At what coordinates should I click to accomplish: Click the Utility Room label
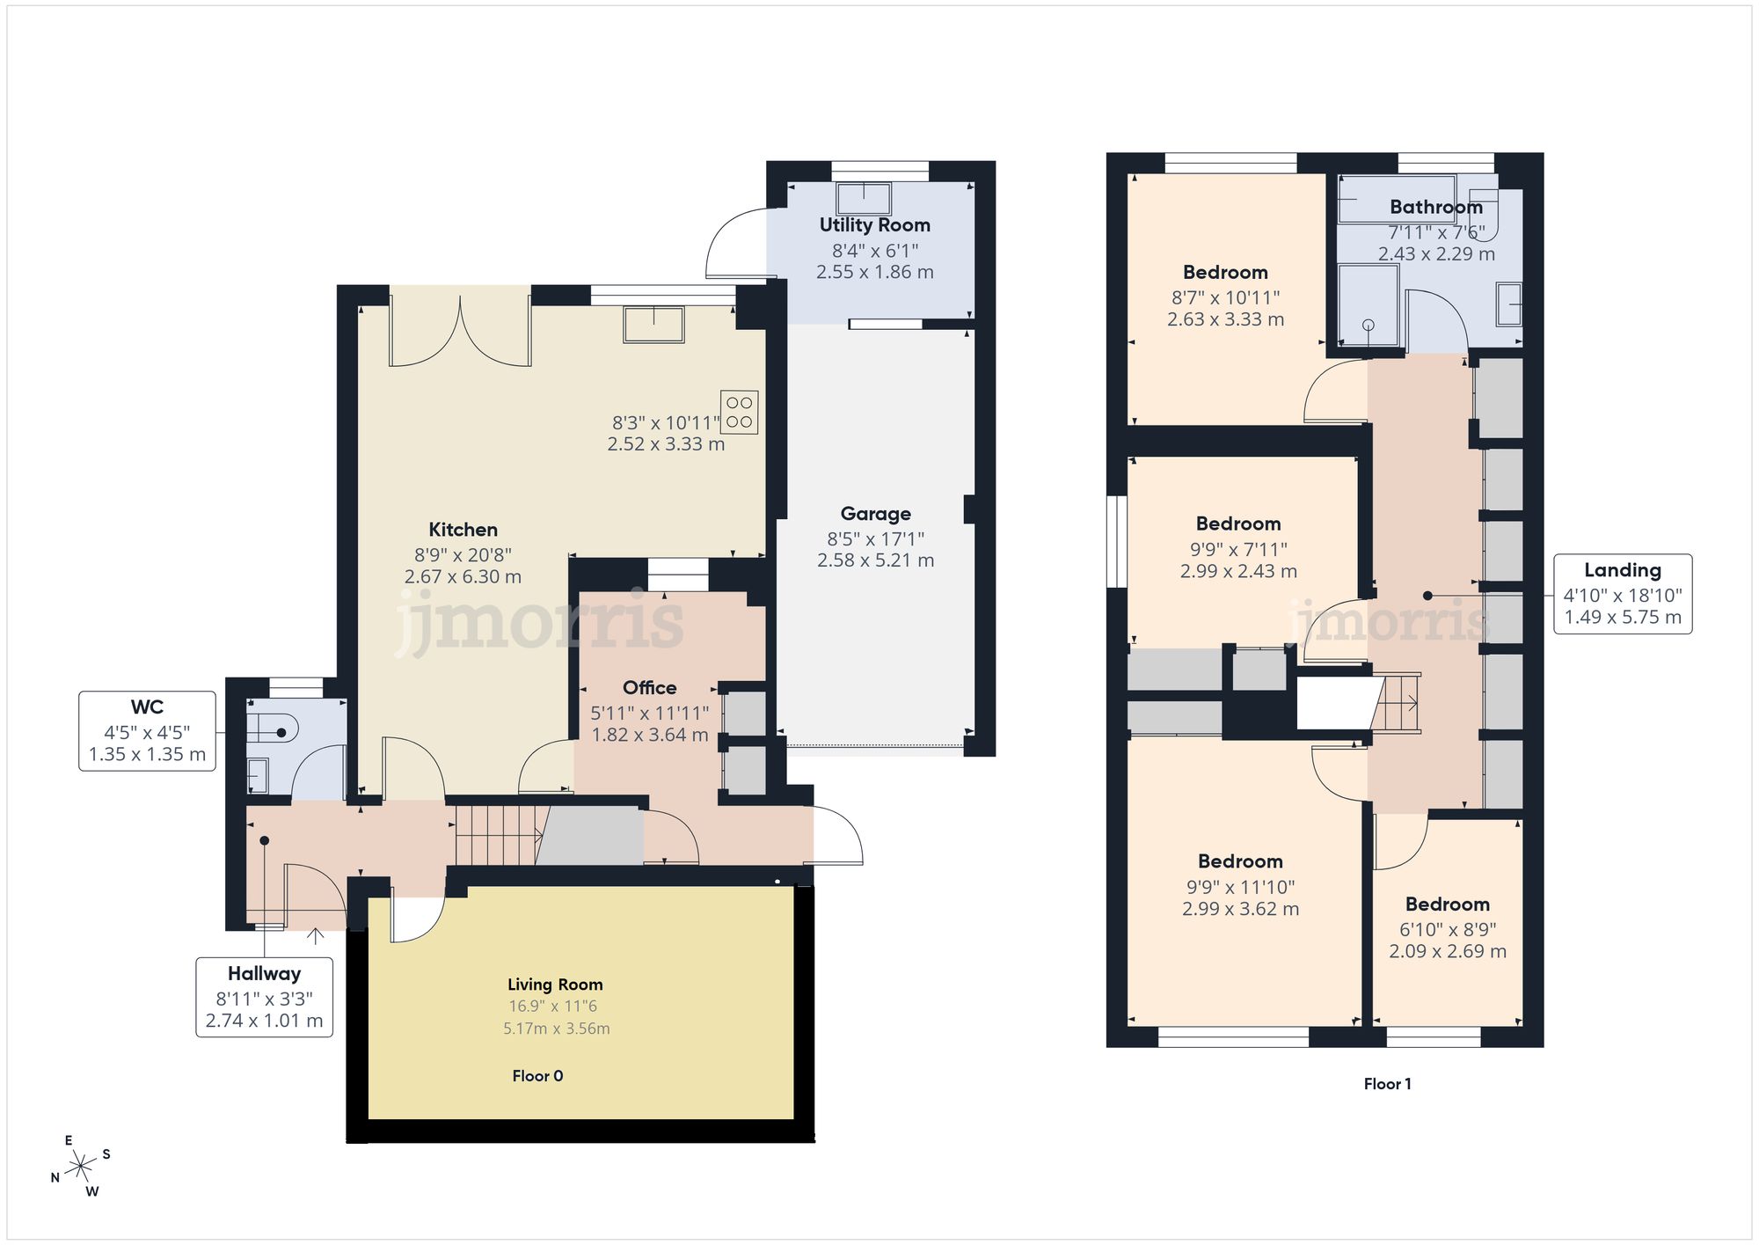coord(874,225)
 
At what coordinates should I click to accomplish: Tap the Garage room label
coord(875,514)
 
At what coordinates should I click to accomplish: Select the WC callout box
coord(147,731)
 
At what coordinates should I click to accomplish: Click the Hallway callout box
coord(264,997)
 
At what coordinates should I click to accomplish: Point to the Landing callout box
coord(1623,594)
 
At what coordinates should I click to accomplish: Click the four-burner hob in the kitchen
coord(739,413)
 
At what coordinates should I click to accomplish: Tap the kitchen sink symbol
coord(653,324)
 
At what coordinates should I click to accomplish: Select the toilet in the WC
coord(272,729)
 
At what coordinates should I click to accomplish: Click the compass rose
coord(81,1167)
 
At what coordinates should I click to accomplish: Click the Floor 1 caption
coord(1387,1084)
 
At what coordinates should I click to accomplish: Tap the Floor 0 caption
coord(537,1076)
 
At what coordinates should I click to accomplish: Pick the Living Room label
coord(555,985)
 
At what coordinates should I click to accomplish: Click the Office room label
coord(649,688)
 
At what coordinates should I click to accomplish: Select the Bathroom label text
coord(1436,208)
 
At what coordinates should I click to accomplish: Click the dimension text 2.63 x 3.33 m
coord(1225,319)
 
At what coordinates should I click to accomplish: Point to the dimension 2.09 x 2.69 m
coord(1448,951)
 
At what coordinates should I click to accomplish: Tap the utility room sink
coord(864,198)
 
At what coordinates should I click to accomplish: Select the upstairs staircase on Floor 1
coord(1396,703)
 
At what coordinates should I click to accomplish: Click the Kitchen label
coord(463,530)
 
